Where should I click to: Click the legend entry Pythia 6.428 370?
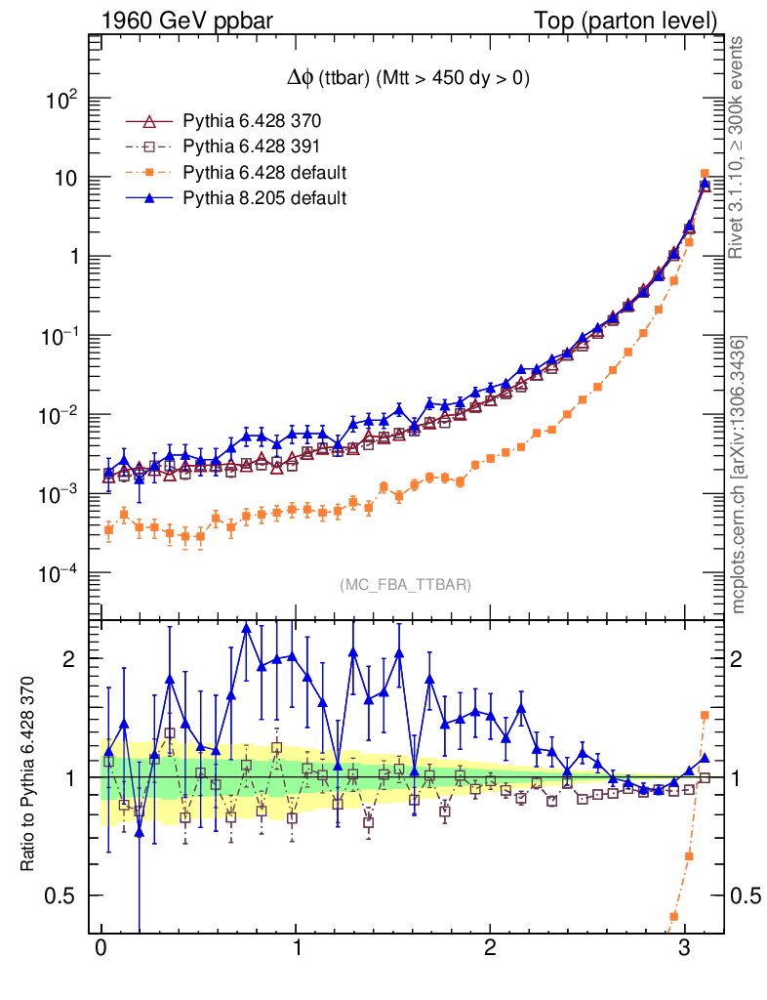pos(252,122)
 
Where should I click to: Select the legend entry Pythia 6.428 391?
pos(252,147)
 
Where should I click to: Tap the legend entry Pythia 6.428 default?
pos(264,173)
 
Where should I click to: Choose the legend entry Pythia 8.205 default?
pos(264,198)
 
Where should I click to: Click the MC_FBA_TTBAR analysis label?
pos(406,585)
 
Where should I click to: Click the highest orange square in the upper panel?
pos(705,174)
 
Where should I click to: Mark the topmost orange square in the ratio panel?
pos(705,716)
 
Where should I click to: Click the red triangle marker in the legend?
pos(149,122)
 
